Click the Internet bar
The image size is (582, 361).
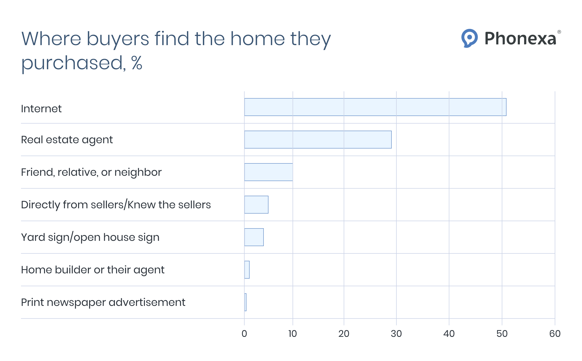[x=375, y=107]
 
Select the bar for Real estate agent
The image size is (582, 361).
[x=318, y=140]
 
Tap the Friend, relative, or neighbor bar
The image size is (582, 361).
[x=268, y=172]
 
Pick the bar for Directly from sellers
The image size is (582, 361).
[x=256, y=205]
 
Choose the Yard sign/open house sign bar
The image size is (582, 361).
[x=254, y=237]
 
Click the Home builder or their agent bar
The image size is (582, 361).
[x=247, y=270]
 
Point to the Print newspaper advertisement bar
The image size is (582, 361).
[x=245, y=302]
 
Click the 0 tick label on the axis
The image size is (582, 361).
[x=244, y=334]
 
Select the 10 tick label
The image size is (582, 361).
[x=293, y=334]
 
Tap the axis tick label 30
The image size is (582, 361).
[x=396, y=334]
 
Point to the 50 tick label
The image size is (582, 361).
[x=502, y=334]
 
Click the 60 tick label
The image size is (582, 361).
[x=555, y=334]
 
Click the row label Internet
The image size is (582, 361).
[x=41, y=109]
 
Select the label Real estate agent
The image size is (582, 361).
[x=67, y=140]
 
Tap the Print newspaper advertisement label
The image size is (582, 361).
[x=103, y=302]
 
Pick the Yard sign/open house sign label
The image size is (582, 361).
[x=90, y=237]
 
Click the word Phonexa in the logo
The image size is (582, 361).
[x=520, y=39]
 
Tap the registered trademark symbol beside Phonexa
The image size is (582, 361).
[x=559, y=32]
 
